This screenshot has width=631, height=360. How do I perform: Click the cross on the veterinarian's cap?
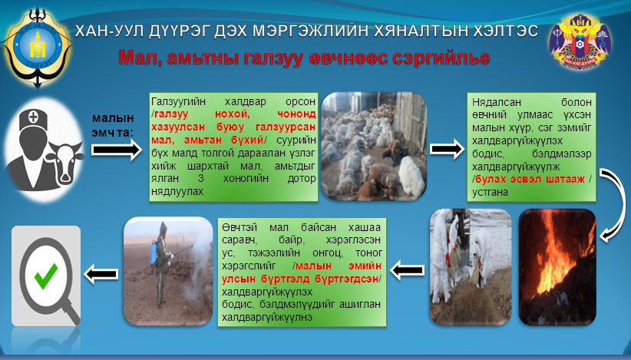tap(34, 117)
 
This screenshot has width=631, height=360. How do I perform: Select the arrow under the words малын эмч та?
tap(117, 150)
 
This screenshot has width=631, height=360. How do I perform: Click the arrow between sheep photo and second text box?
tap(447, 149)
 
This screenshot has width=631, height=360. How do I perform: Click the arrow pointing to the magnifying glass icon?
tap(101, 274)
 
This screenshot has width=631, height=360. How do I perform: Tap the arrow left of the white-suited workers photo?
tap(408, 270)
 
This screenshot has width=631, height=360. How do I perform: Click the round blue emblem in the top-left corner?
tap(38, 46)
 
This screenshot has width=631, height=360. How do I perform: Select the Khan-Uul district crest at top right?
tap(580, 41)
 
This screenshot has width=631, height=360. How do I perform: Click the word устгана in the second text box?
tap(491, 192)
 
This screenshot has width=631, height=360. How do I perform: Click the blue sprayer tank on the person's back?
tap(154, 253)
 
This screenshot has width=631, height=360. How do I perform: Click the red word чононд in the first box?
tap(296, 114)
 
